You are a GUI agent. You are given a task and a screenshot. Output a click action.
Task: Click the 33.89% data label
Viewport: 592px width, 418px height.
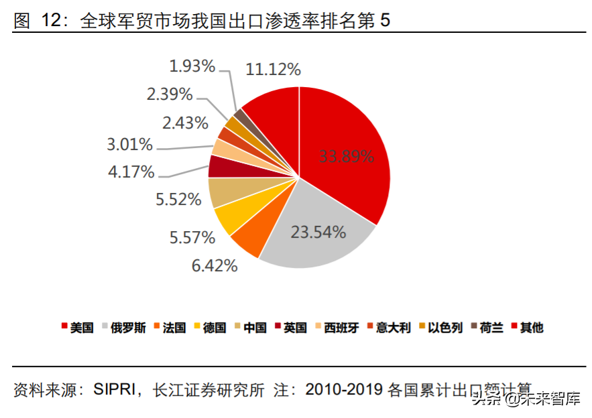click(346, 157)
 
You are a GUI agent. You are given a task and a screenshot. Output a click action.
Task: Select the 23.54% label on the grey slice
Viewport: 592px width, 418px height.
click(318, 232)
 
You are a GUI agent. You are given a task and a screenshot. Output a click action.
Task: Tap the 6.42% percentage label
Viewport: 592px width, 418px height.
click(215, 265)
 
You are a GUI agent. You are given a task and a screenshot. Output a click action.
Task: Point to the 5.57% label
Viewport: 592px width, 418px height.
click(192, 237)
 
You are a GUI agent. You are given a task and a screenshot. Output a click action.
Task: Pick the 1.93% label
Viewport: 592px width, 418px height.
click(192, 66)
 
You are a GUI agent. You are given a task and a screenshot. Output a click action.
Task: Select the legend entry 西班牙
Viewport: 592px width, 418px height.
click(341, 328)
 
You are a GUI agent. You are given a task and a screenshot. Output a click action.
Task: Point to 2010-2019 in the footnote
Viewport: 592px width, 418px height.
click(343, 389)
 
